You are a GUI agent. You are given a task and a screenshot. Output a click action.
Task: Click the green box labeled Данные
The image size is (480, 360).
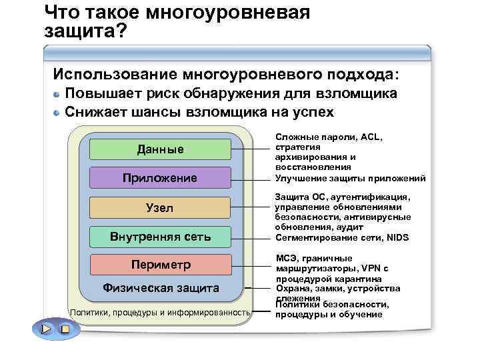click(x=160, y=149)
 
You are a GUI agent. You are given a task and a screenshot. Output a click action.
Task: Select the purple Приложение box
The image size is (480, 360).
click(x=160, y=178)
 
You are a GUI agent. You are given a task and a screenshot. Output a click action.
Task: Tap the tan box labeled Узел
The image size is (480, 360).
click(x=160, y=208)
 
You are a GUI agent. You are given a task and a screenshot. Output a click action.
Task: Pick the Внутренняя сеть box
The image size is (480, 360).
click(x=160, y=236)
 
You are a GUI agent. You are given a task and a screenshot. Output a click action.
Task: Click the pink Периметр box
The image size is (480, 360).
click(x=160, y=265)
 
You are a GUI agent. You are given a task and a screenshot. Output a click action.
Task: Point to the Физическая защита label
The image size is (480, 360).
click(x=160, y=288)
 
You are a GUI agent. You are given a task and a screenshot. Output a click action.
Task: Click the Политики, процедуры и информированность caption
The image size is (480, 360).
click(x=160, y=312)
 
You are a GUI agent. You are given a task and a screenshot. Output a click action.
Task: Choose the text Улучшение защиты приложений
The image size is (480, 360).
click(x=350, y=178)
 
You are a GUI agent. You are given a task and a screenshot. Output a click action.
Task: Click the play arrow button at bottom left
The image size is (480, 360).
click(x=45, y=329)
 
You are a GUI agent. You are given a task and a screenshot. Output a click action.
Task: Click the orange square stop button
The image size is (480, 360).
click(x=64, y=329)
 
